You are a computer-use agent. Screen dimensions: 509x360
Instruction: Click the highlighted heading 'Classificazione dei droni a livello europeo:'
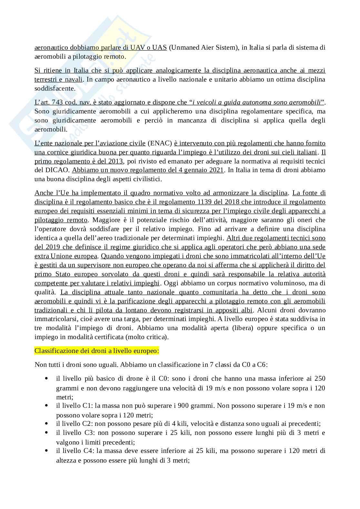click(96, 350)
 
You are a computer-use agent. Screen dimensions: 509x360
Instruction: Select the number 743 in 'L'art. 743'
click(61, 103)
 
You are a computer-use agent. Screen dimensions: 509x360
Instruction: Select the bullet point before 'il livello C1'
click(47, 405)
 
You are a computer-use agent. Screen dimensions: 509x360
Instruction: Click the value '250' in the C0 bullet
click(319, 378)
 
